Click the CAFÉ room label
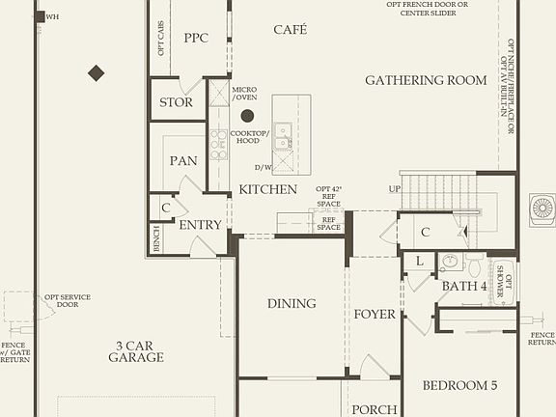pyautogui.click(x=290, y=30)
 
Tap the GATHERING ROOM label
pyautogui.click(x=426, y=80)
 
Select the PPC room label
pyautogui.click(x=196, y=38)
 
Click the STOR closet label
pyautogui.click(x=176, y=101)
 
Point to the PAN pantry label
pyautogui.click(x=183, y=160)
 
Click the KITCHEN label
pyautogui.click(x=267, y=189)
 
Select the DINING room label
pyautogui.click(x=292, y=303)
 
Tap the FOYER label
pyautogui.click(x=375, y=314)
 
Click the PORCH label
pyautogui.click(x=374, y=409)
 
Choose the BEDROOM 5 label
pyautogui.click(x=460, y=385)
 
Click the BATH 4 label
pyautogui.click(x=464, y=286)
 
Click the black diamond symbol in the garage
pyautogui.click(x=96, y=72)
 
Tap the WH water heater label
pyautogui.click(x=52, y=16)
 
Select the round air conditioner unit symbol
pyautogui.click(x=542, y=208)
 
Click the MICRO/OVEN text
pyautogui.click(x=244, y=93)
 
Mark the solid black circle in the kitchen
pyautogui.click(x=247, y=116)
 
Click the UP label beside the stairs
pyautogui.click(x=393, y=188)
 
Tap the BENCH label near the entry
pyautogui.click(x=156, y=238)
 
